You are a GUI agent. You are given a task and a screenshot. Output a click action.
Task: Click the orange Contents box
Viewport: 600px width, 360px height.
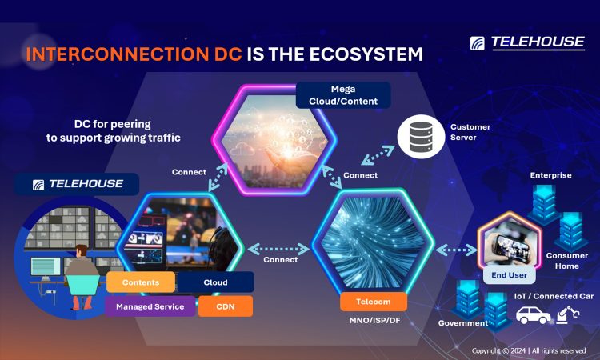[x=141, y=282]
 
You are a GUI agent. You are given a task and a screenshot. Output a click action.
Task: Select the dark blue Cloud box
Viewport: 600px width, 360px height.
[x=215, y=282]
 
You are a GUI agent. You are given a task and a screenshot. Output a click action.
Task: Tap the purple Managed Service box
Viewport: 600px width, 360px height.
[x=150, y=306]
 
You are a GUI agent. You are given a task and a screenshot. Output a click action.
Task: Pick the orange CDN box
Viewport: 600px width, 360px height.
[x=226, y=306]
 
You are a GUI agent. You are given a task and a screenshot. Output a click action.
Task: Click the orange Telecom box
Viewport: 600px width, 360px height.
[x=373, y=302]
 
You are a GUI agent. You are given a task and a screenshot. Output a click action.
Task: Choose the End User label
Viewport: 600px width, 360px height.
[x=509, y=275]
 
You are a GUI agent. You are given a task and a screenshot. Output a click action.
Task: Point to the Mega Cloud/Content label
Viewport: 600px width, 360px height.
[x=343, y=95]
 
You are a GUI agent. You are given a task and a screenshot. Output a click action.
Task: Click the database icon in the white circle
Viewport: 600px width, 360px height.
[x=421, y=137]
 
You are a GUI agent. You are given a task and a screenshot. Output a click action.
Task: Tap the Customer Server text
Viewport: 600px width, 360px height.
[x=470, y=132]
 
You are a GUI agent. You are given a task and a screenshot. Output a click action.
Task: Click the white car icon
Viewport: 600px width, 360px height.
[x=533, y=314]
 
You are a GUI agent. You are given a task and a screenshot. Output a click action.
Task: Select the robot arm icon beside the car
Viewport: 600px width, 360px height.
[x=567, y=314]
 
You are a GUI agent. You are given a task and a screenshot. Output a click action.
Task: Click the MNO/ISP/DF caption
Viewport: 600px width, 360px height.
[x=374, y=320]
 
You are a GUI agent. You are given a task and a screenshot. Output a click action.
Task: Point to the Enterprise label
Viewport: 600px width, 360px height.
[x=550, y=175]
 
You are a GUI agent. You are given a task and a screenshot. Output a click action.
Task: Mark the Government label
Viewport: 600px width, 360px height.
[x=463, y=323]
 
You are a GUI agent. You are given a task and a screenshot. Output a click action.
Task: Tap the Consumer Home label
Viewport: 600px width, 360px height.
[x=567, y=261]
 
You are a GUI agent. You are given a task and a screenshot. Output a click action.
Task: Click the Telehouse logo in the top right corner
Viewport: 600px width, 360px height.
[x=527, y=42]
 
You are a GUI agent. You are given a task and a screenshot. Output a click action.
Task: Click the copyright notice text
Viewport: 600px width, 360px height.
[x=529, y=350]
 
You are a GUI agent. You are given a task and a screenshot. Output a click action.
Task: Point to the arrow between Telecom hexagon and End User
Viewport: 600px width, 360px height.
[x=456, y=250]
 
